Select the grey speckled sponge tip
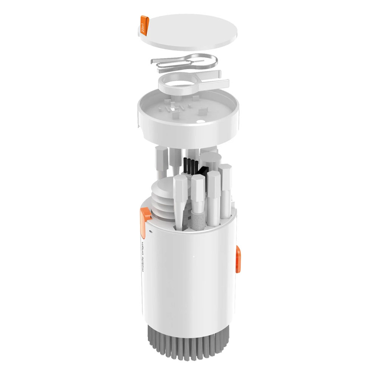(x=197, y=219)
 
